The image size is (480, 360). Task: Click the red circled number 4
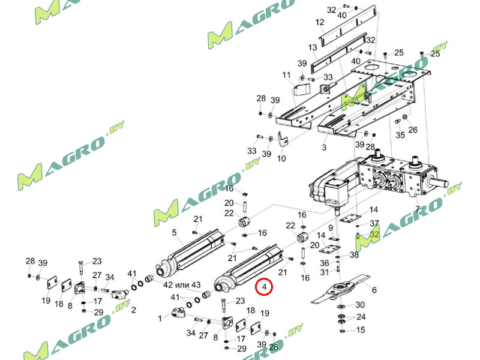tap(264, 287)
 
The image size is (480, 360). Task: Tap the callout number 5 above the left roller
tap(174, 233)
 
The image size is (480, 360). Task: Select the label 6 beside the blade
tap(374, 290)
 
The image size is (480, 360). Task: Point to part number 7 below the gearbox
tap(418, 209)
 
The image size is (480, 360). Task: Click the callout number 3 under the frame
tap(324, 147)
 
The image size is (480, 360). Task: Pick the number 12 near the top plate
tap(320, 22)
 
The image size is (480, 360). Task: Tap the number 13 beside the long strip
tap(313, 47)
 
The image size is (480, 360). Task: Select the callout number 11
tap(286, 75)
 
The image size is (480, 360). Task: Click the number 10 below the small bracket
tap(281, 158)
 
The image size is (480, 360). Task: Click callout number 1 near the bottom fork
tap(160, 319)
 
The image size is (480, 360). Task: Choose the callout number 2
tap(133, 310)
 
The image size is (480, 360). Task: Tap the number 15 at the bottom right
tap(361, 329)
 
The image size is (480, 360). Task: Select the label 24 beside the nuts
tap(361, 317)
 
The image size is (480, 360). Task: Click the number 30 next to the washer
tap(360, 305)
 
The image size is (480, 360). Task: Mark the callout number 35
tap(400, 134)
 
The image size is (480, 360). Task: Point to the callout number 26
tap(413, 130)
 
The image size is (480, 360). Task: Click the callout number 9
tap(331, 228)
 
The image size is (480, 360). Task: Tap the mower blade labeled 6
tap(340, 289)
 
